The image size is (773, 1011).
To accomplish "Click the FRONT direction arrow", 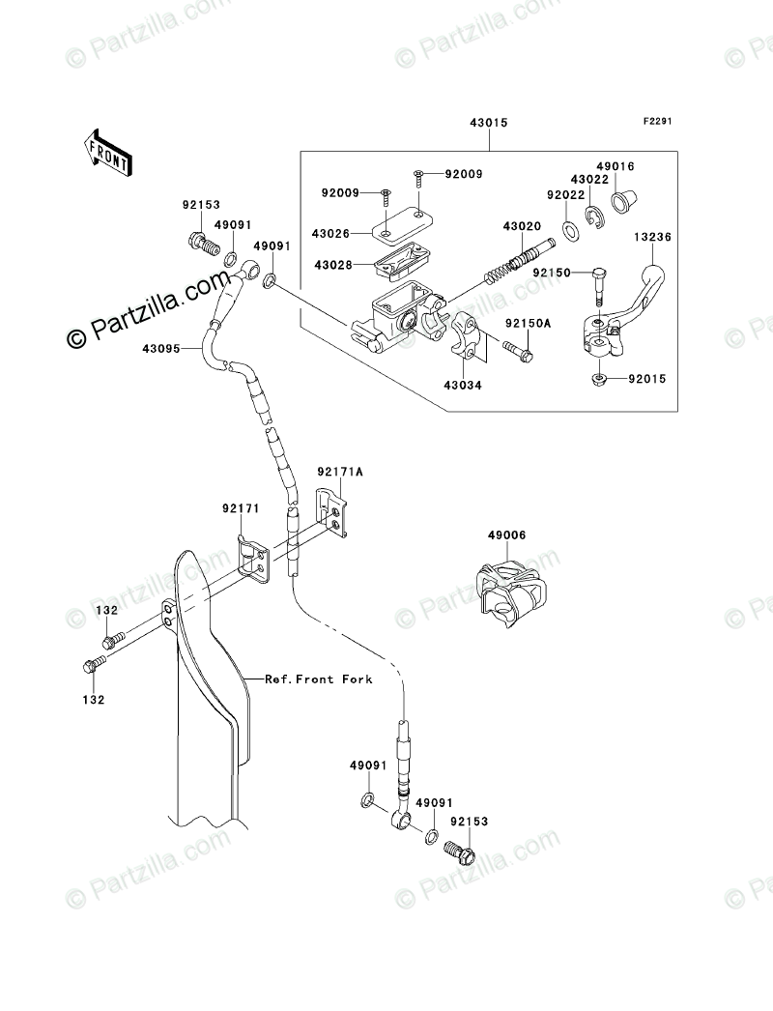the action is [x=108, y=152].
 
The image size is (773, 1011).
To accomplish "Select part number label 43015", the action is [x=489, y=123].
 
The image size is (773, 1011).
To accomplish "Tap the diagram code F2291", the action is [x=657, y=121].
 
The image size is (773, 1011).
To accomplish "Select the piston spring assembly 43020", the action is [x=520, y=263].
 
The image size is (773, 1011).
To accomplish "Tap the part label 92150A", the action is [x=528, y=324].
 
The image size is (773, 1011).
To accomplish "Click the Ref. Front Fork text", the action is [x=319, y=679].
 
